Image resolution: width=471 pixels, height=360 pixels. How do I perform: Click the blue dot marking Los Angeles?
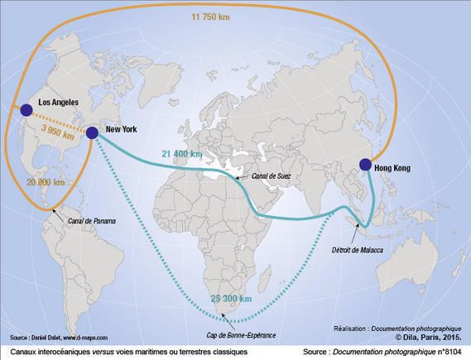click(26, 110)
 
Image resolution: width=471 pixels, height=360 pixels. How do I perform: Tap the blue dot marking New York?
click(91, 132)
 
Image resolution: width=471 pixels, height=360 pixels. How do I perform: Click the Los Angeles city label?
click(53, 102)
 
